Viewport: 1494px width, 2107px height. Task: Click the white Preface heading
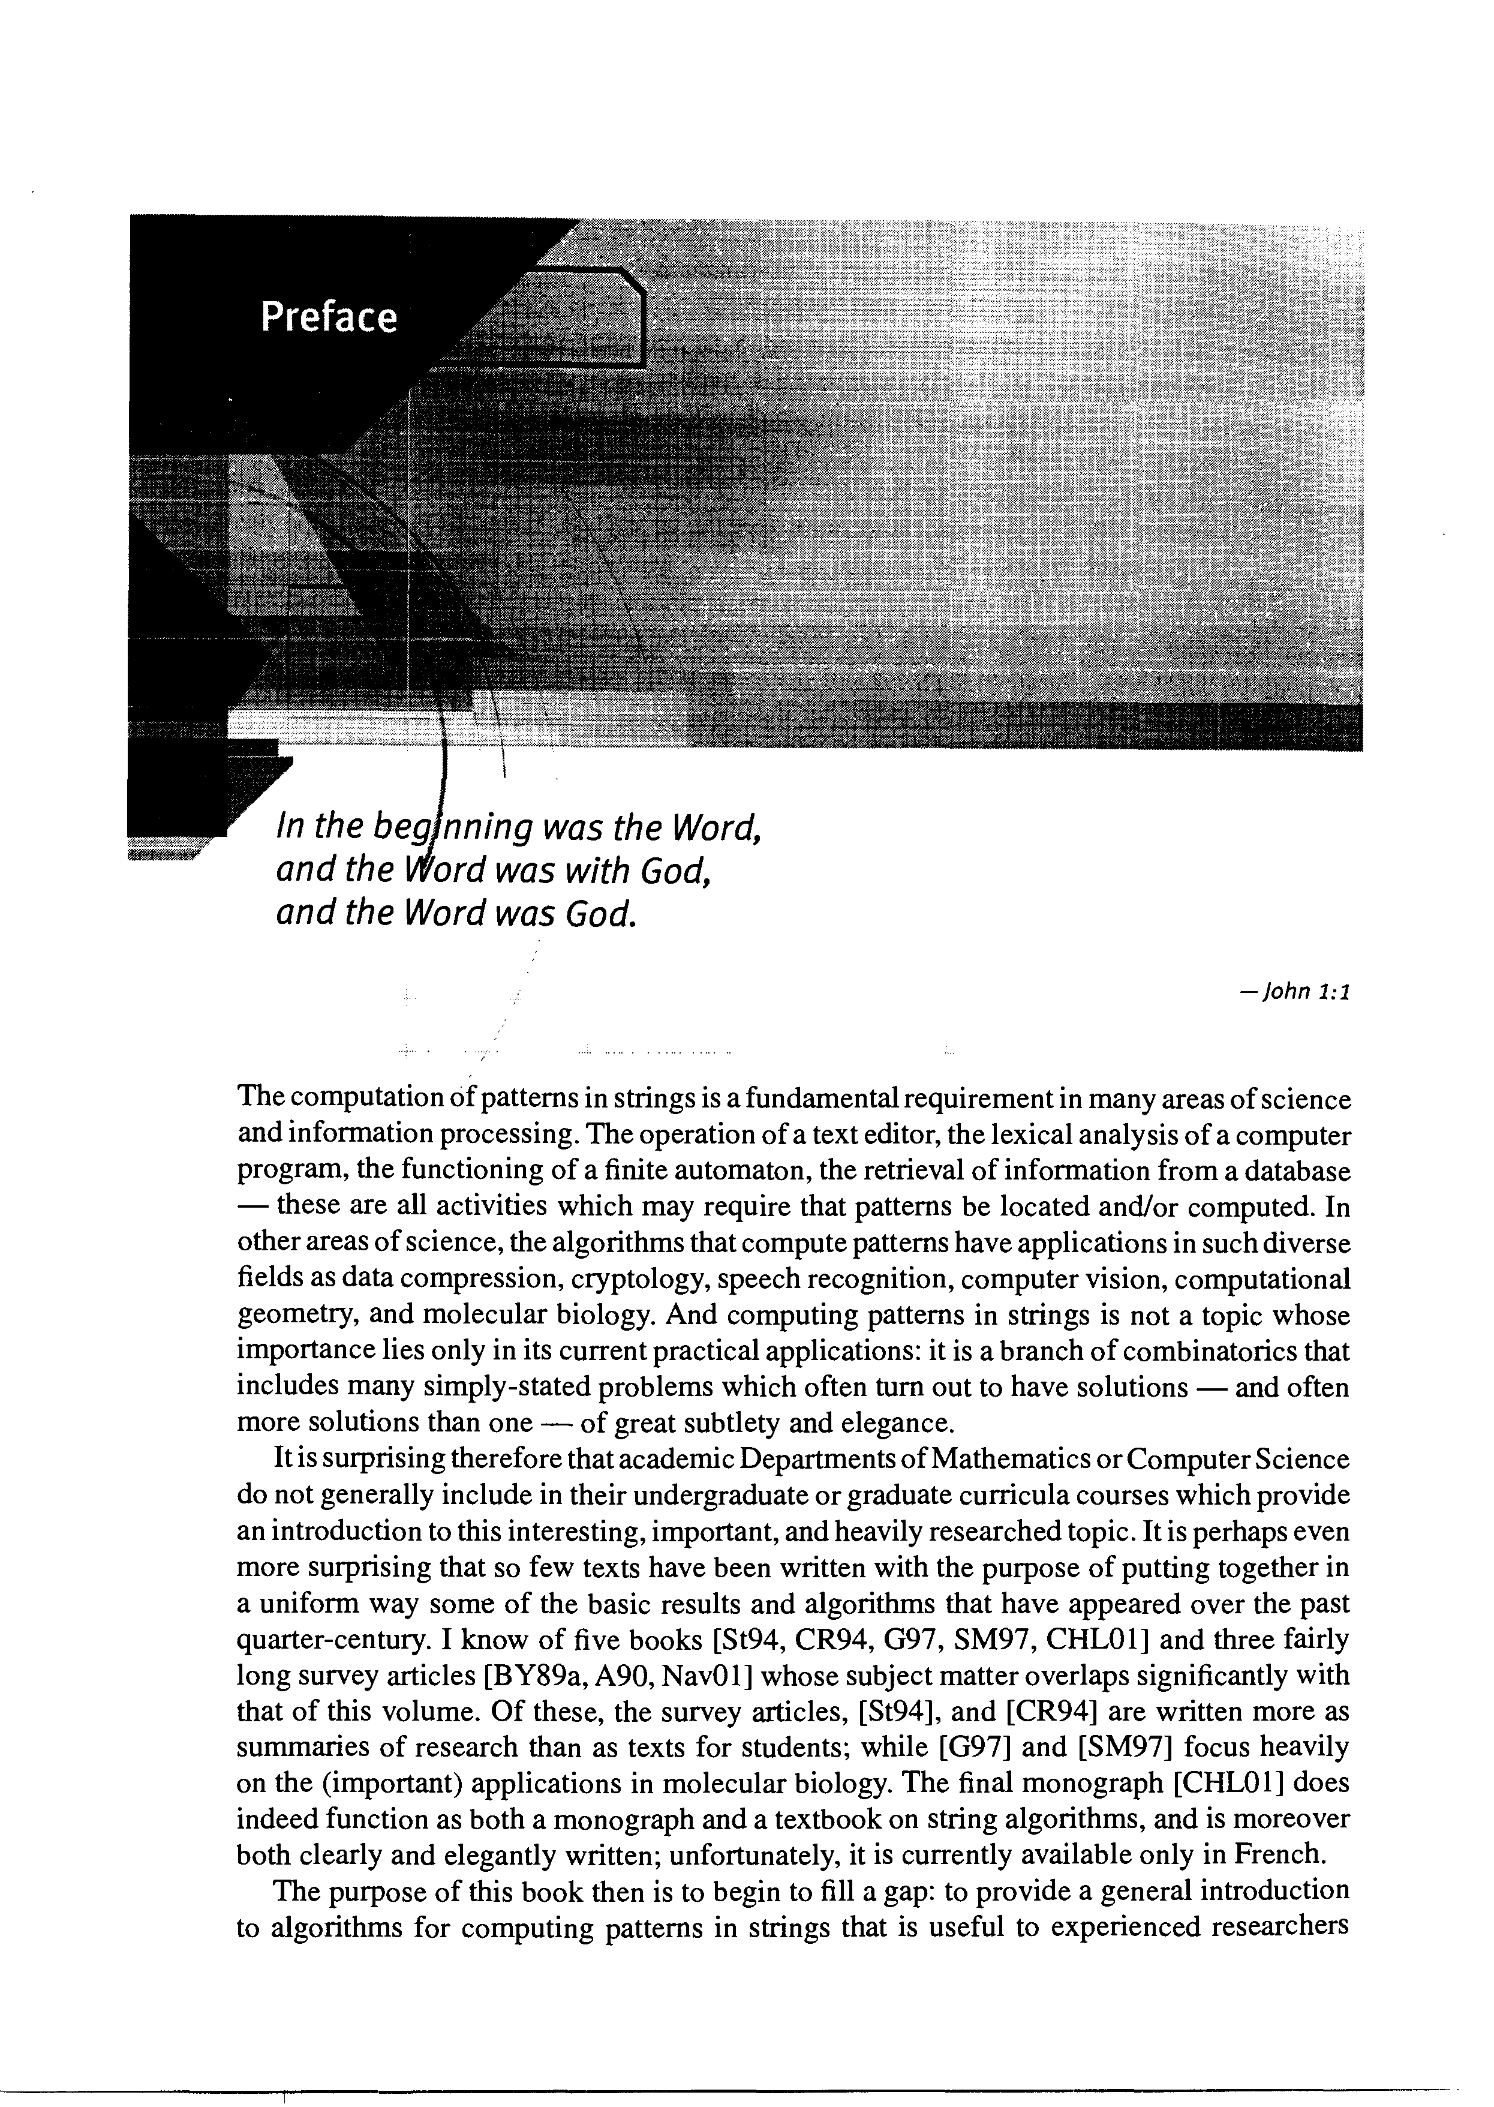click(x=329, y=317)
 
